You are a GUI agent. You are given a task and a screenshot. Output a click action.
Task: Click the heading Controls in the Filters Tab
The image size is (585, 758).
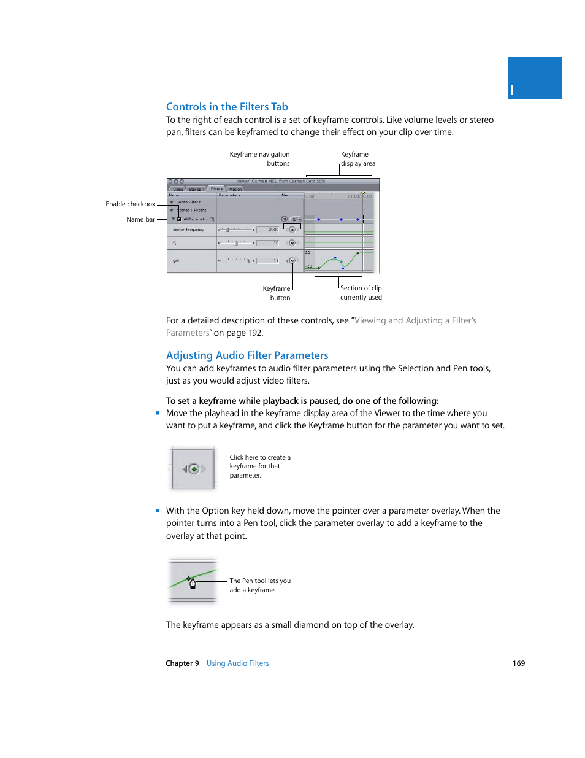[x=227, y=107]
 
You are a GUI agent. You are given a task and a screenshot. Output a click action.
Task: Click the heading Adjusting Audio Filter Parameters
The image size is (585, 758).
[x=247, y=355]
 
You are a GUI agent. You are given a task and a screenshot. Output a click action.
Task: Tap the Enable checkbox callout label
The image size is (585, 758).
[x=130, y=204]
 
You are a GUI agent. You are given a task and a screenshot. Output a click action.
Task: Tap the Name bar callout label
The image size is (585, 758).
[x=140, y=219]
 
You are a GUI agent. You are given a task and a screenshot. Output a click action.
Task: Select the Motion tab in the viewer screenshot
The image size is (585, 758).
[x=235, y=189]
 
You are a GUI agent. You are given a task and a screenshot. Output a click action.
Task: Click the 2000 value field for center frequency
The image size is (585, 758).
[x=268, y=230]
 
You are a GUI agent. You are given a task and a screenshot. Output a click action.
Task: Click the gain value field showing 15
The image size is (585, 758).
[x=268, y=261]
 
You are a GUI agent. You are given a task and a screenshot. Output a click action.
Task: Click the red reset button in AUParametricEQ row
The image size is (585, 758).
[x=285, y=219]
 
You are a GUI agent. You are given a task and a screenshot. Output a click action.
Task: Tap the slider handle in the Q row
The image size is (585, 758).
[x=236, y=243]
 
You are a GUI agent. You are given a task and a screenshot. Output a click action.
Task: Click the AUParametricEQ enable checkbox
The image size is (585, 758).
[x=179, y=219]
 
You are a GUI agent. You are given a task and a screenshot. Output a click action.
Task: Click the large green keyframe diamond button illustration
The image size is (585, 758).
[x=194, y=469]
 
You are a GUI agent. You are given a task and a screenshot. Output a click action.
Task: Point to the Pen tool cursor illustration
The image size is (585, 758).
[x=193, y=582]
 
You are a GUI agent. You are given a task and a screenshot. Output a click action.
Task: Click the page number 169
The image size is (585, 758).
[x=519, y=663]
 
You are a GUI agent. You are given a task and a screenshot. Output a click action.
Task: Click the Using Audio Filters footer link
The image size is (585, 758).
[x=237, y=663]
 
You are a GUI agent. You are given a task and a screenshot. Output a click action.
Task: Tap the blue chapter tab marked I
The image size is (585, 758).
[x=535, y=79]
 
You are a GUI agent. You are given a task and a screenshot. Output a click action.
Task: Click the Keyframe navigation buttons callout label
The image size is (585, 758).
[x=259, y=159]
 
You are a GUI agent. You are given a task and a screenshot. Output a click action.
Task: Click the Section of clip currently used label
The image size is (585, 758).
[x=361, y=293]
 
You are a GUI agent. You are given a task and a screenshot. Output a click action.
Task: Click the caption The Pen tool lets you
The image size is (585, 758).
[x=260, y=581]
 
